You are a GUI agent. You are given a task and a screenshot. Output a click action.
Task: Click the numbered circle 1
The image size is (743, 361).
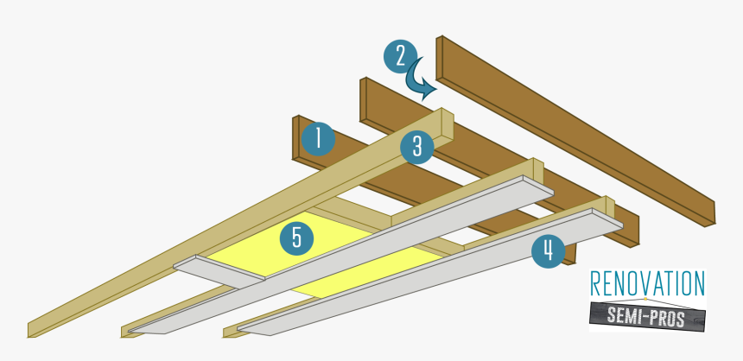(317, 138)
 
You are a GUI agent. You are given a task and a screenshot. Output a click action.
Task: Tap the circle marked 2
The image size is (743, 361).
(400, 57)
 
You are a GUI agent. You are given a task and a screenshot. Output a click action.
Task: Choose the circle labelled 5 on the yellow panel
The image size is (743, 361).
(295, 237)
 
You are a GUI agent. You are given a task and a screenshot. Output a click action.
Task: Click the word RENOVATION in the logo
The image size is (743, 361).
(647, 284)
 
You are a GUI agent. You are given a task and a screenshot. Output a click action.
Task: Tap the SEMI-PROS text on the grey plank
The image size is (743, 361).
(647, 318)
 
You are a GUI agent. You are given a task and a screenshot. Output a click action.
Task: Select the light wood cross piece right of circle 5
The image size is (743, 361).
(346, 217)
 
